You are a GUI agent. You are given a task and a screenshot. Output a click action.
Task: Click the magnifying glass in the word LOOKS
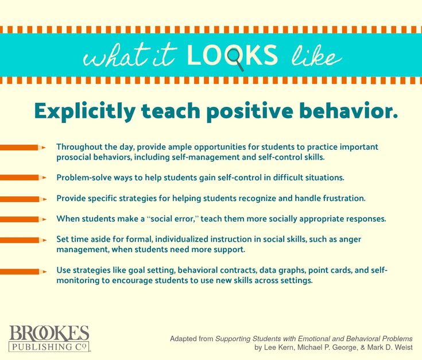coord(235,57)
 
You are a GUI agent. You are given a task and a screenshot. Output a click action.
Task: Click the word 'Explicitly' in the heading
coord(85,111)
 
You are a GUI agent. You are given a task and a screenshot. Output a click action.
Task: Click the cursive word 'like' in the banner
coord(317,56)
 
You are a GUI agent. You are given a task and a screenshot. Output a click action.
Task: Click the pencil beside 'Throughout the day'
coord(23,148)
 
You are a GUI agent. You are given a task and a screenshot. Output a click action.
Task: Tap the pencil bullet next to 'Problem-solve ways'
coord(23,177)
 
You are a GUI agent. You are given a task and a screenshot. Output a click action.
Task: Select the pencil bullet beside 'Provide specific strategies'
coord(23,199)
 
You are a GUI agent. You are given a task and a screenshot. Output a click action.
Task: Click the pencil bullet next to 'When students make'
coord(23,219)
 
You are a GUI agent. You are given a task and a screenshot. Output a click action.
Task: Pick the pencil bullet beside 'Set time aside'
coord(23,240)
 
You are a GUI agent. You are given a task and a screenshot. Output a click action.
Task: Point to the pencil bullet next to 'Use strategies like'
coord(23,272)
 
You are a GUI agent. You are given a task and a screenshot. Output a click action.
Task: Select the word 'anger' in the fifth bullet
coord(350,240)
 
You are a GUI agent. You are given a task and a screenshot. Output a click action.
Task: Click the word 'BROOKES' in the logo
coord(49,334)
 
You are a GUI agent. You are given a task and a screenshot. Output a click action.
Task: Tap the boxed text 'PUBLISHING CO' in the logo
coord(49,347)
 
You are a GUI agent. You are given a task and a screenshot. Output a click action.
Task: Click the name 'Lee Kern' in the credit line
coord(278,347)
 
